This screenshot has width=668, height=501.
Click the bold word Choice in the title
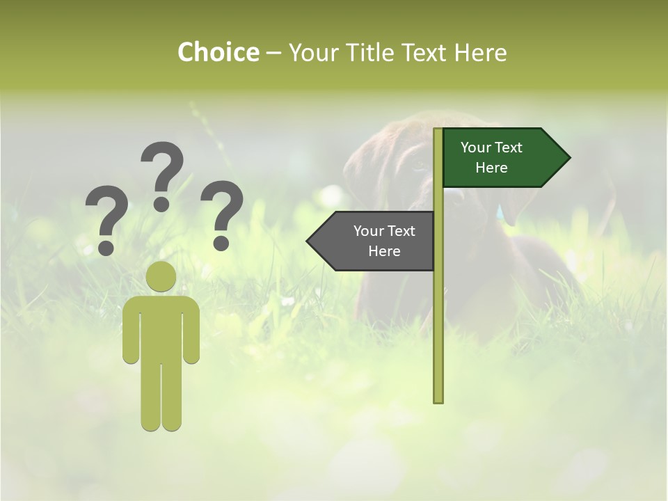click(218, 52)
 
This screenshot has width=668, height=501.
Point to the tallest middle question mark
click(163, 170)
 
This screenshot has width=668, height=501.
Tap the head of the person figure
click(161, 276)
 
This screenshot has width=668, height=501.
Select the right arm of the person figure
click(191, 331)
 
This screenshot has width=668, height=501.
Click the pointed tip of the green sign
click(568, 158)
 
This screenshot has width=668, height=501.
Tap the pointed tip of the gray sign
click(309, 241)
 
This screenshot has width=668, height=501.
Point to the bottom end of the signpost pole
click(438, 399)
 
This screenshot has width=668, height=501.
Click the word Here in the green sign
click(491, 168)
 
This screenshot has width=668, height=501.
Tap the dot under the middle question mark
click(161, 203)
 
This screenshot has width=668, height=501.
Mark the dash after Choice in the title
click(273, 54)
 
